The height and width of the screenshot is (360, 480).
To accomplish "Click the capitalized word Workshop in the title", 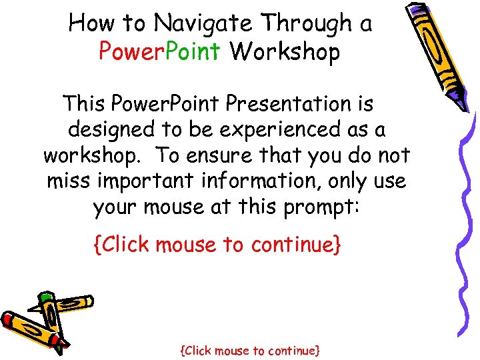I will pos(285,52).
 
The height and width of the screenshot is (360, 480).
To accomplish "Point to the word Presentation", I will pos(299,104).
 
